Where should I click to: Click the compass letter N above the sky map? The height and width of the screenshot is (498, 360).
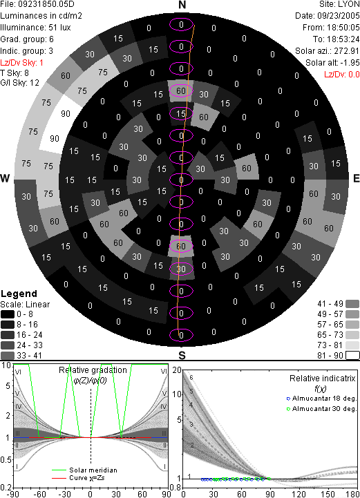[x=182, y=5]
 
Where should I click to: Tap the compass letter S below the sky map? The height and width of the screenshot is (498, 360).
[x=182, y=355]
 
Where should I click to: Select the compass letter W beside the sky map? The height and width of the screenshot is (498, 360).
[x=5, y=178]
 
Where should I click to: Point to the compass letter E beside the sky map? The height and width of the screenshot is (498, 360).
[x=357, y=178]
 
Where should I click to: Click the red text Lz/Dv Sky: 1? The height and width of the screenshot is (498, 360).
[x=21, y=63]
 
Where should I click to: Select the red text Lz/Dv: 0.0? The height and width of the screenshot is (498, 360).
[x=342, y=75]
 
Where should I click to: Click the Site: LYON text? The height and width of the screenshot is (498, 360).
[x=339, y=4]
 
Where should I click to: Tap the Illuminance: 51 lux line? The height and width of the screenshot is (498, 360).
[x=35, y=28]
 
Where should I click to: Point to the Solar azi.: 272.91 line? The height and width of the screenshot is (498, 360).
[x=328, y=51]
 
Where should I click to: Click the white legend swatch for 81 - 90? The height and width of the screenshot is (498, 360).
[x=352, y=355]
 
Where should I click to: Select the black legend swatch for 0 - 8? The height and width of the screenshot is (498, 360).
[x=8, y=314]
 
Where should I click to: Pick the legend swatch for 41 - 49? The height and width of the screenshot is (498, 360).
[x=352, y=304]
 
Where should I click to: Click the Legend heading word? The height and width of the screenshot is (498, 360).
[x=19, y=294]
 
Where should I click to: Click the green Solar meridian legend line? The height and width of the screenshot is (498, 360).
[x=59, y=470]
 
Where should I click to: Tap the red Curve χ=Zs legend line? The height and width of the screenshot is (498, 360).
[x=59, y=478]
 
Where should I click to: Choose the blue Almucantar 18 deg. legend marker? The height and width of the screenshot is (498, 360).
[x=288, y=399]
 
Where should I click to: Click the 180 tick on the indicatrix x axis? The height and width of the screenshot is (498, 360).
[x=352, y=494]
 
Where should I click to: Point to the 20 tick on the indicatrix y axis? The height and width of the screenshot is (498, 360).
[x=177, y=370]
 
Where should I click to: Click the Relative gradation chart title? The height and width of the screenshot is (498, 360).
[x=93, y=370]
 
